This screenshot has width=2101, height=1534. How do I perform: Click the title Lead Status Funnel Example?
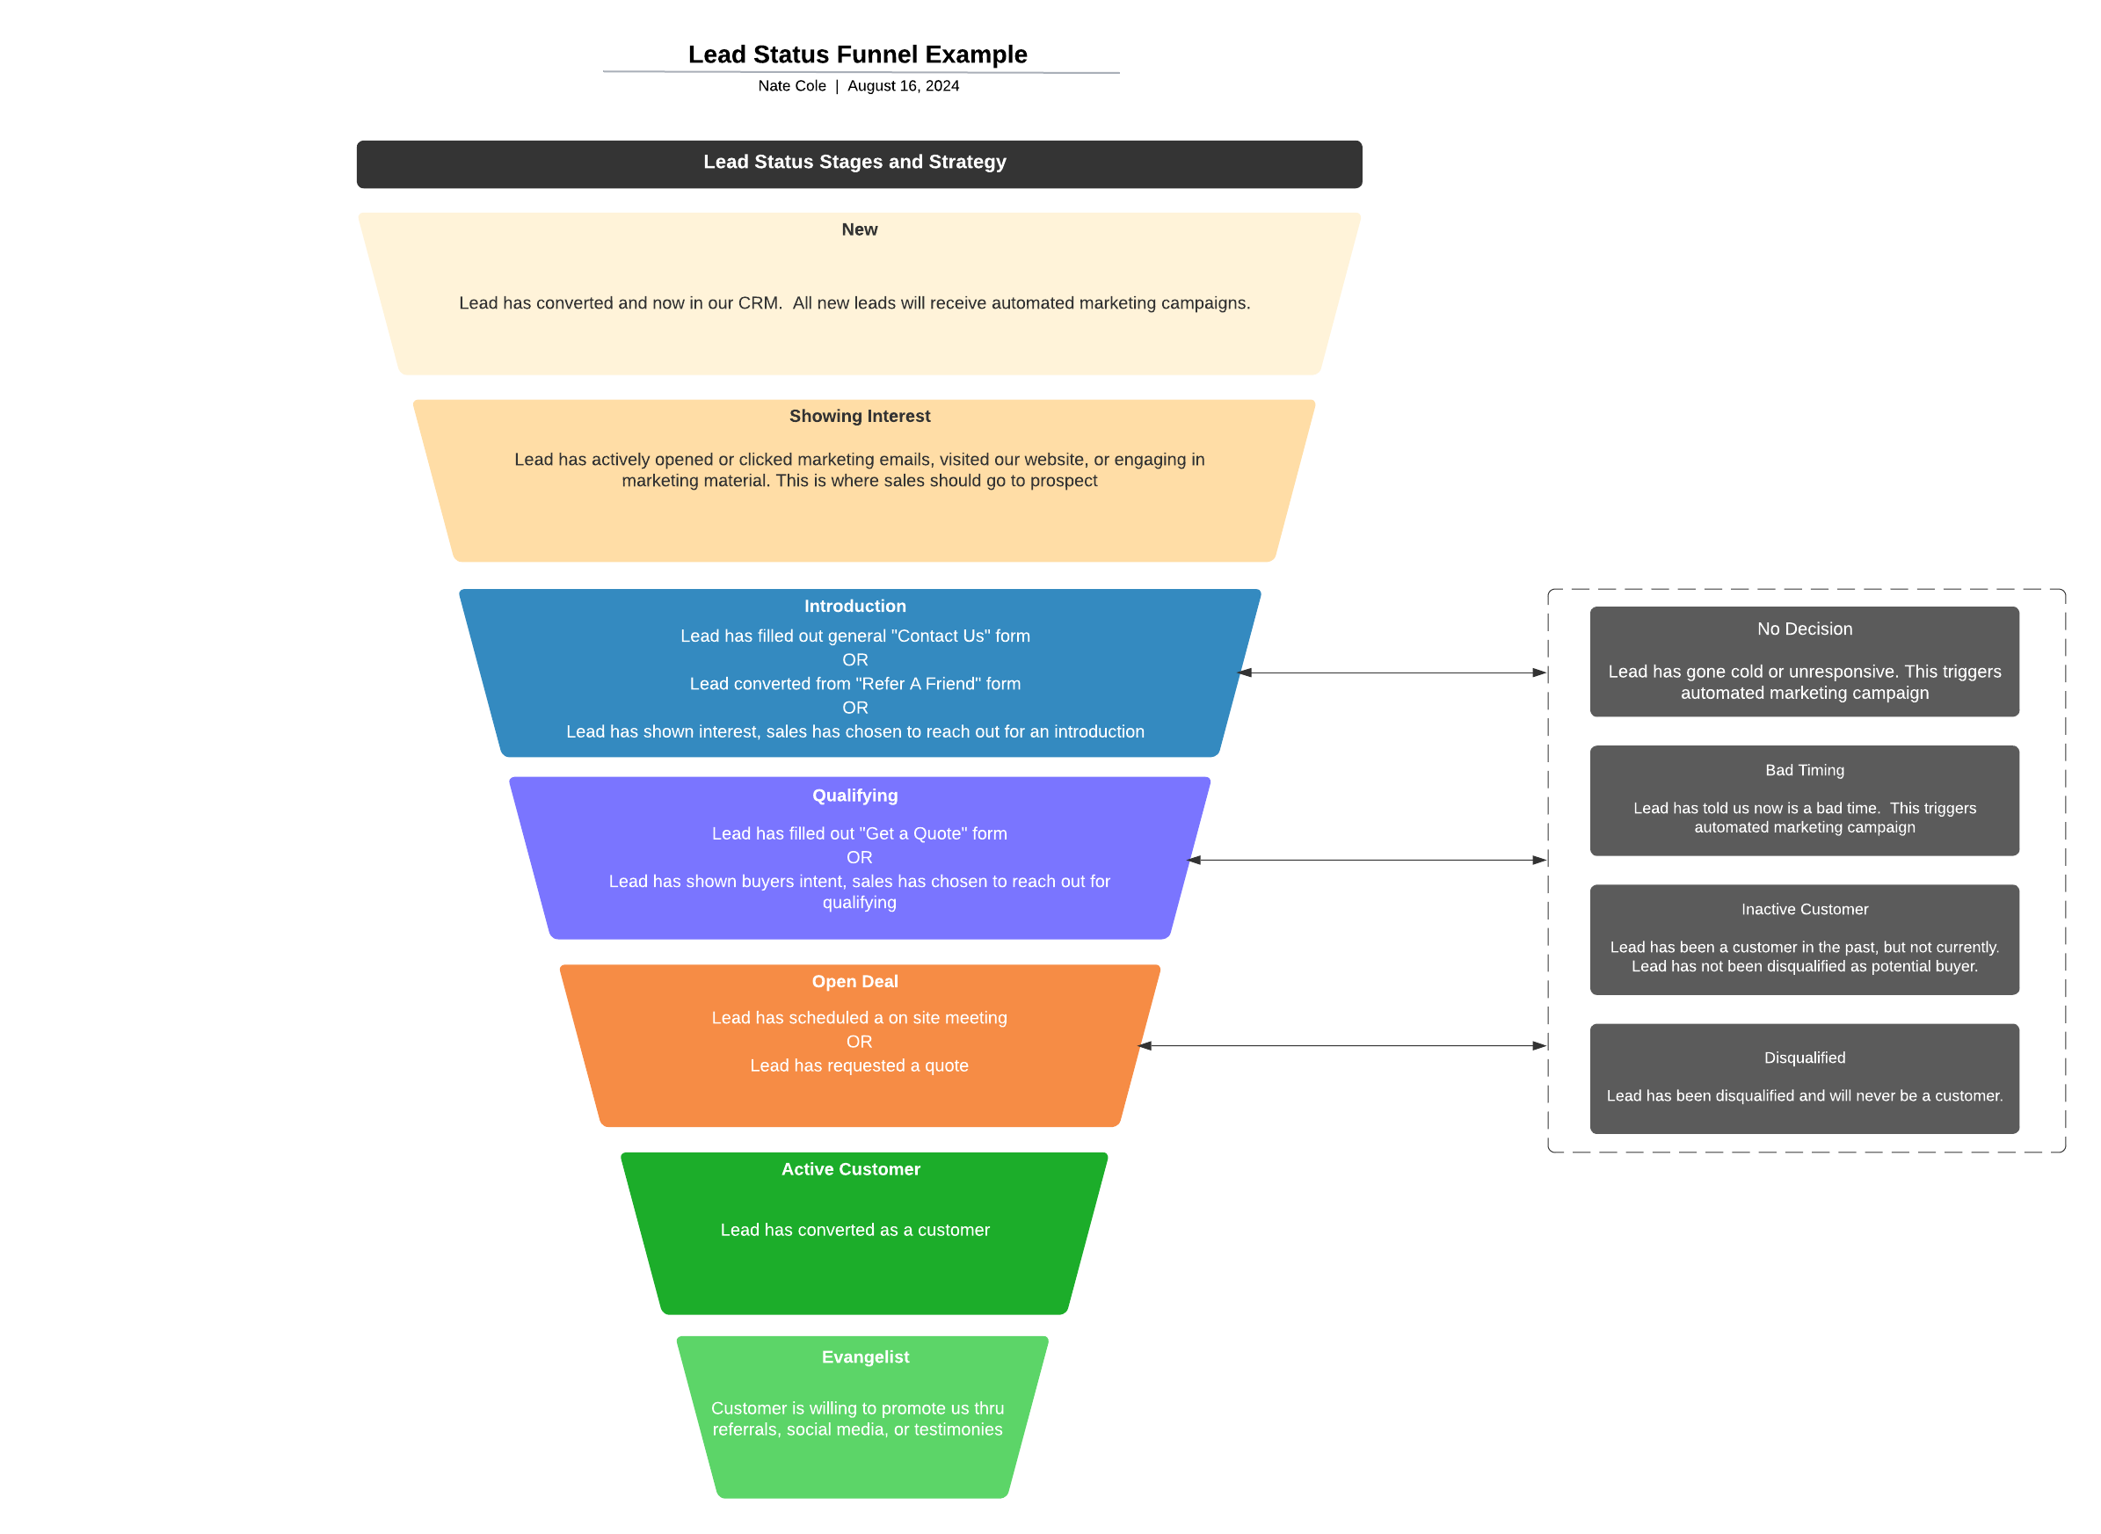click(x=857, y=55)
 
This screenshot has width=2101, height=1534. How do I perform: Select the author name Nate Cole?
click(x=791, y=86)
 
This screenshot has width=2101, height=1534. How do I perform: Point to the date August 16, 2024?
click(x=903, y=86)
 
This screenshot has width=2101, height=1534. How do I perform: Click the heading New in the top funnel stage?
click(x=859, y=229)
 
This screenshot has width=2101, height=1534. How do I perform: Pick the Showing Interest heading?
click(x=859, y=416)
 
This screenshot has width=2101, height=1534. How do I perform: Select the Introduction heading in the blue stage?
click(x=854, y=607)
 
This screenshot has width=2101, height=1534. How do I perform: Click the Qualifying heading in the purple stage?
click(x=854, y=796)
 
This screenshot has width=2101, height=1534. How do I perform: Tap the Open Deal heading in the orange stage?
click(x=854, y=982)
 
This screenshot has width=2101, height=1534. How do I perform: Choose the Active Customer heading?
click(x=850, y=1169)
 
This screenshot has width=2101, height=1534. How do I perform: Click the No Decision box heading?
click(x=1804, y=629)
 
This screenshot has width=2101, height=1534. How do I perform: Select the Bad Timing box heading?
click(x=1804, y=771)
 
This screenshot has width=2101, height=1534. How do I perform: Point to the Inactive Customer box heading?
click(x=1804, y=910)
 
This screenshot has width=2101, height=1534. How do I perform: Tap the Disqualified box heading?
click(x=1804, y=1058)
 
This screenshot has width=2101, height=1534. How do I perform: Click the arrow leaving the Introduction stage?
click(x=1392, y=673)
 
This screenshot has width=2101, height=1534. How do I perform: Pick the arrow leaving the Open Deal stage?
click(x=1341, y=1046)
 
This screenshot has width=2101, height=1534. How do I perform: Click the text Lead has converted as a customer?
click(x=854, y=1231)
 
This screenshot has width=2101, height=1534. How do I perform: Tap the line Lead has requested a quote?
click(x=859, y=1066)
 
